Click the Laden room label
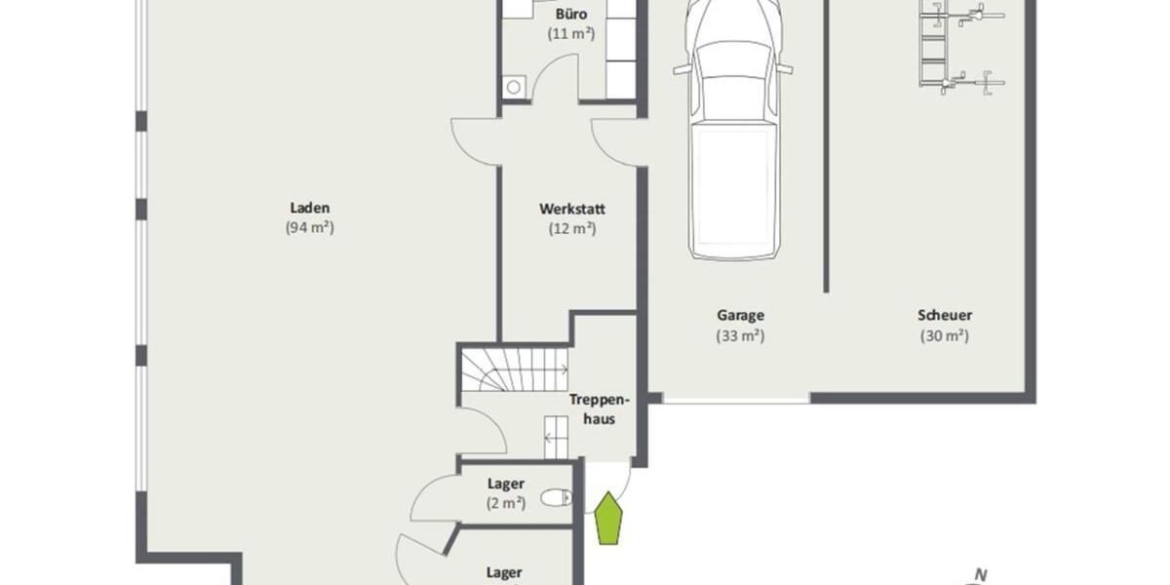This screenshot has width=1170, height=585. [310, 207]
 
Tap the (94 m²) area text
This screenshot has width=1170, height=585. [310, 228]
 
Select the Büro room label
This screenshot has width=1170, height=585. [572, 14]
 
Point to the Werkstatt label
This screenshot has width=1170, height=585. [572, 208]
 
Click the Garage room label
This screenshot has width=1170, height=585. [740, 315]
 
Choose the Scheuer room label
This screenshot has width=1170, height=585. [944, 315]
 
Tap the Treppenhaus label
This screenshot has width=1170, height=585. [598, 409]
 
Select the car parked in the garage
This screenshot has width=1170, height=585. [733, 136]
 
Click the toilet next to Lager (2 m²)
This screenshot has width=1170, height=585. [556, 498]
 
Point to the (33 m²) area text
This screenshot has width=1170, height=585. [740, 335]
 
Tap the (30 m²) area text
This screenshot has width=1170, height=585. [944, 335]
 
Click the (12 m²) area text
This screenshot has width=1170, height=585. [572, 228]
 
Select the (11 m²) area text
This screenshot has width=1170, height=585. [572, 33]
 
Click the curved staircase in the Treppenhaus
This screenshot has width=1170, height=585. [514, 370]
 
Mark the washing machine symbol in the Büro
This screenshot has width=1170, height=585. [514, 87]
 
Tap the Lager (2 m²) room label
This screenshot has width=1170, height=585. [506, 484]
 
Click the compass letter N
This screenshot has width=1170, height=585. [982, 574]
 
